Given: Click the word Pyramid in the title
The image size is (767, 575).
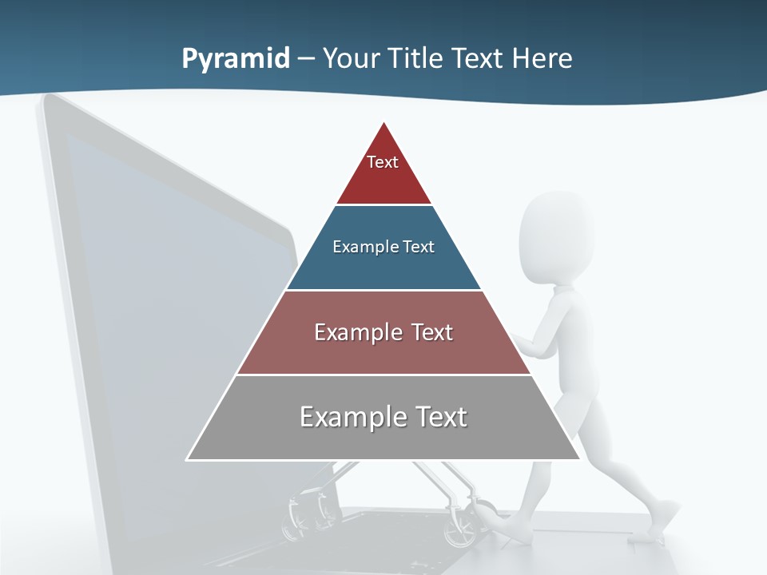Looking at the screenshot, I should point(236,58).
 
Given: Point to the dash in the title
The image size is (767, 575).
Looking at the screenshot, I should point(306,59).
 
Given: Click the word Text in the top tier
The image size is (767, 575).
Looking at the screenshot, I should point(383,162).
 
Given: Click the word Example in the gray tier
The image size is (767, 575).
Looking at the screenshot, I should point(344,417).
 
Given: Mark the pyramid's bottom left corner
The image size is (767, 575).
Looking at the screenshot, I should point(188,459).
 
